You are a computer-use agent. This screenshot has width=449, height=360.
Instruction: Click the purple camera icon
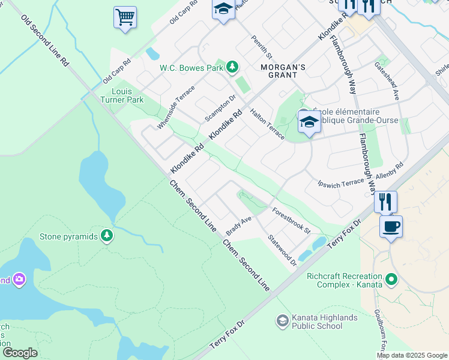click(19, 279)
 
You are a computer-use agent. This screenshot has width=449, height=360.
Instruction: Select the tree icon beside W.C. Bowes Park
click(232, 67)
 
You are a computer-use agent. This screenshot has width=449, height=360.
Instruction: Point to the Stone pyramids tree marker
click(107, 236)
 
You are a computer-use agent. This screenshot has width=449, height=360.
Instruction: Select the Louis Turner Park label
click(127, 95)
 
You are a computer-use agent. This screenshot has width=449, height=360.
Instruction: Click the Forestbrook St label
click(291, 221)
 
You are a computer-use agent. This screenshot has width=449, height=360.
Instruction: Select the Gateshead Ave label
click(387, 80)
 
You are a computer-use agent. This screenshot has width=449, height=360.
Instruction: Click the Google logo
click(19, 353)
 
